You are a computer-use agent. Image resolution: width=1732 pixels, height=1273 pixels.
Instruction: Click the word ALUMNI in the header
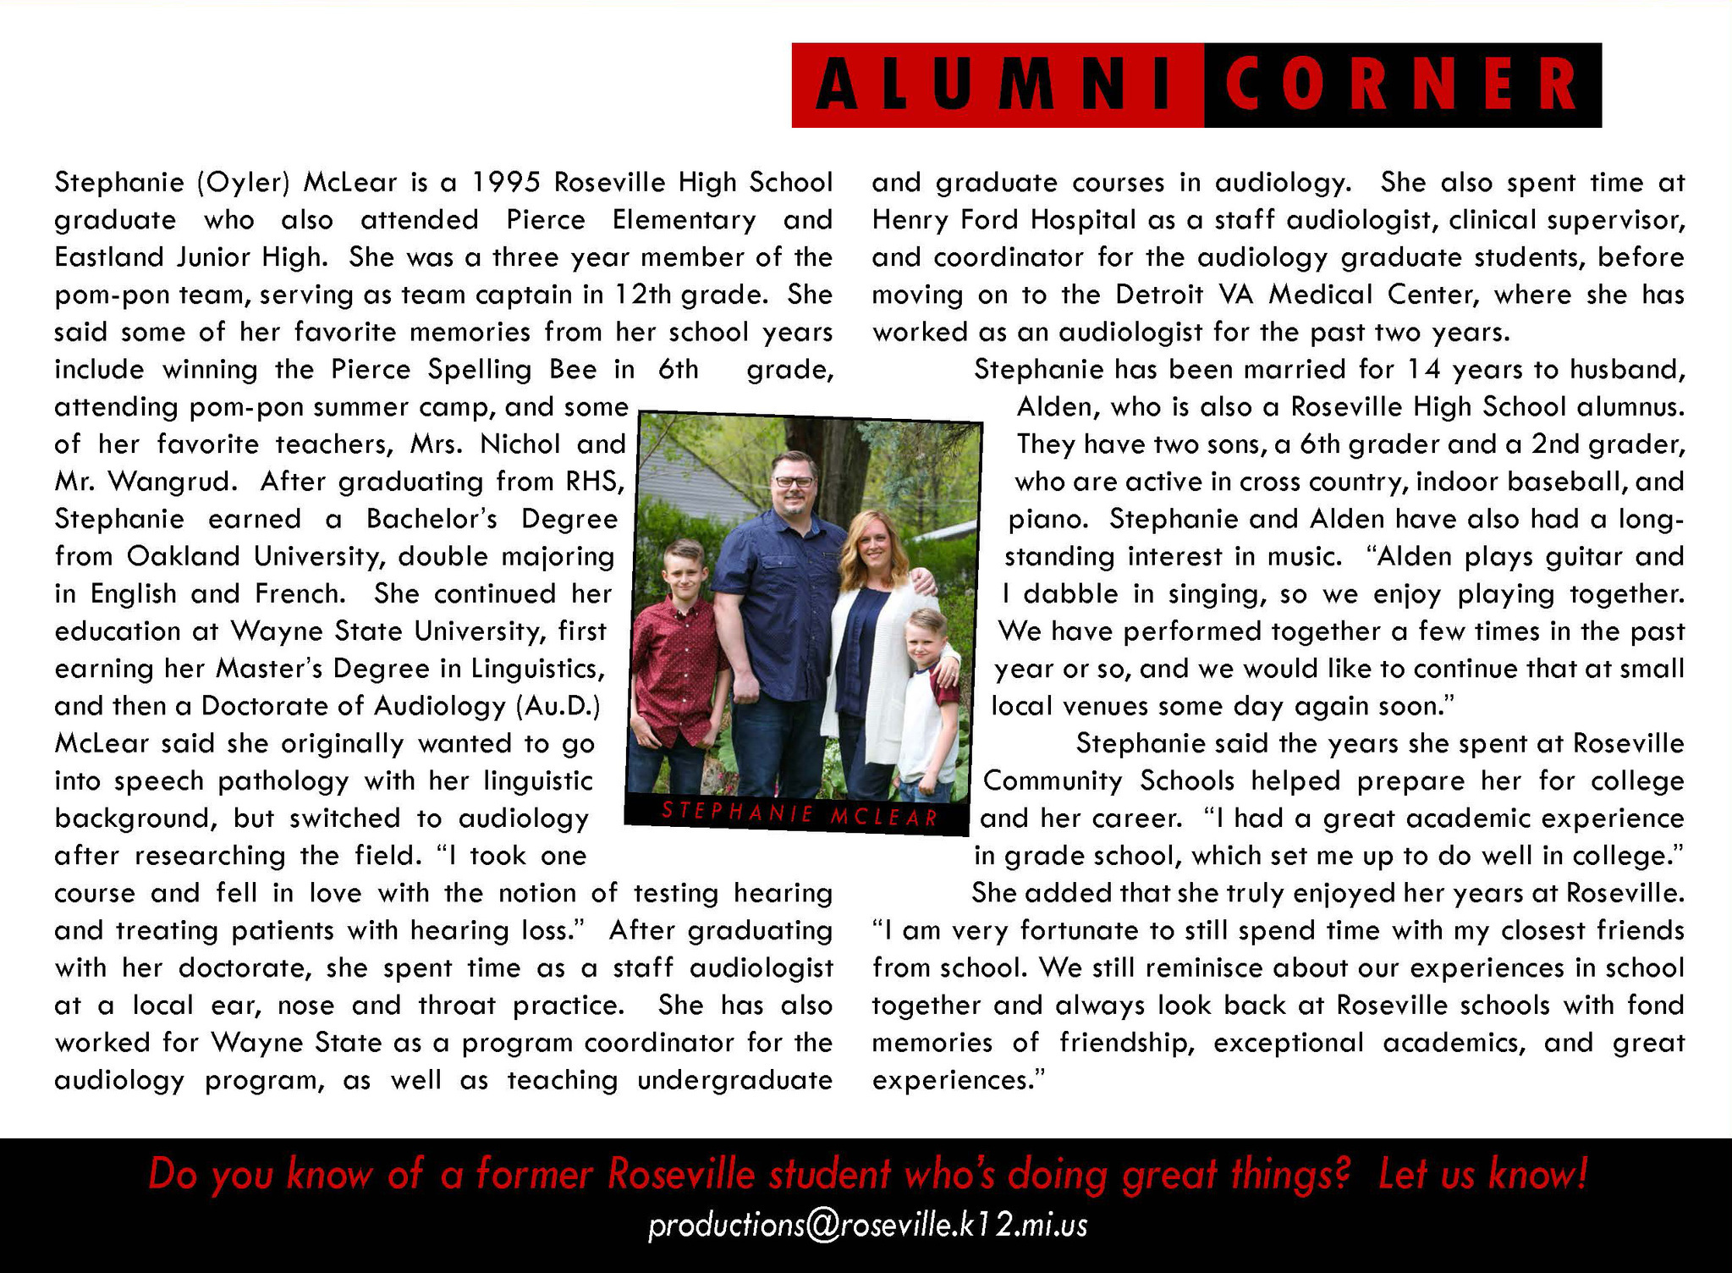997,85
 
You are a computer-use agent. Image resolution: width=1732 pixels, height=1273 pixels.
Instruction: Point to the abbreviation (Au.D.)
557,706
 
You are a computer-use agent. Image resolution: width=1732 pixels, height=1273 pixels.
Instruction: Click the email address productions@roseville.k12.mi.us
867,1226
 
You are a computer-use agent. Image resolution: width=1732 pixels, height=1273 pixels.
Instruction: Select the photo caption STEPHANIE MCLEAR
800,815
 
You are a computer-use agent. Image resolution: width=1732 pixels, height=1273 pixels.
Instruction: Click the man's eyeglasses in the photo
794,482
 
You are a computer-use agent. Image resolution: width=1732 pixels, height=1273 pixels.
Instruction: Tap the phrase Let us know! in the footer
1482,1175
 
